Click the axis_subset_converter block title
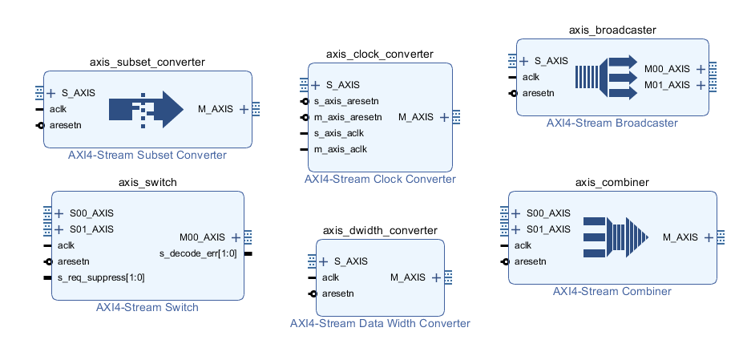[x=147, y=62]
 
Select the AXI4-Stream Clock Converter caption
[x=380, y=180]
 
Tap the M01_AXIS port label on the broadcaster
[x=667, y=85]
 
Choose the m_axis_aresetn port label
[x=347, y=117]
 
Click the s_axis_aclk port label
[x=339, y=133]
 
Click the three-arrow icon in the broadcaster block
[x=606, y=77]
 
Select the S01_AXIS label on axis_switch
[x=91, y=229]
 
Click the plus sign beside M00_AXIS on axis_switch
[x=236, y=237]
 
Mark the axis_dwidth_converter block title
[x=380, y=230]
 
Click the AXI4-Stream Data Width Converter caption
[x=380, y=324]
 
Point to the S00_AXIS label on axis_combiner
[x=548, y=213]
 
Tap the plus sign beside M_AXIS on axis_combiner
[x=709, y=237]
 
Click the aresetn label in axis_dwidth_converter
[x=339, y=293]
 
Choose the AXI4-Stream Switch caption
[x=147, y=307]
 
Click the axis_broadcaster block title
[x=612, y=30]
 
